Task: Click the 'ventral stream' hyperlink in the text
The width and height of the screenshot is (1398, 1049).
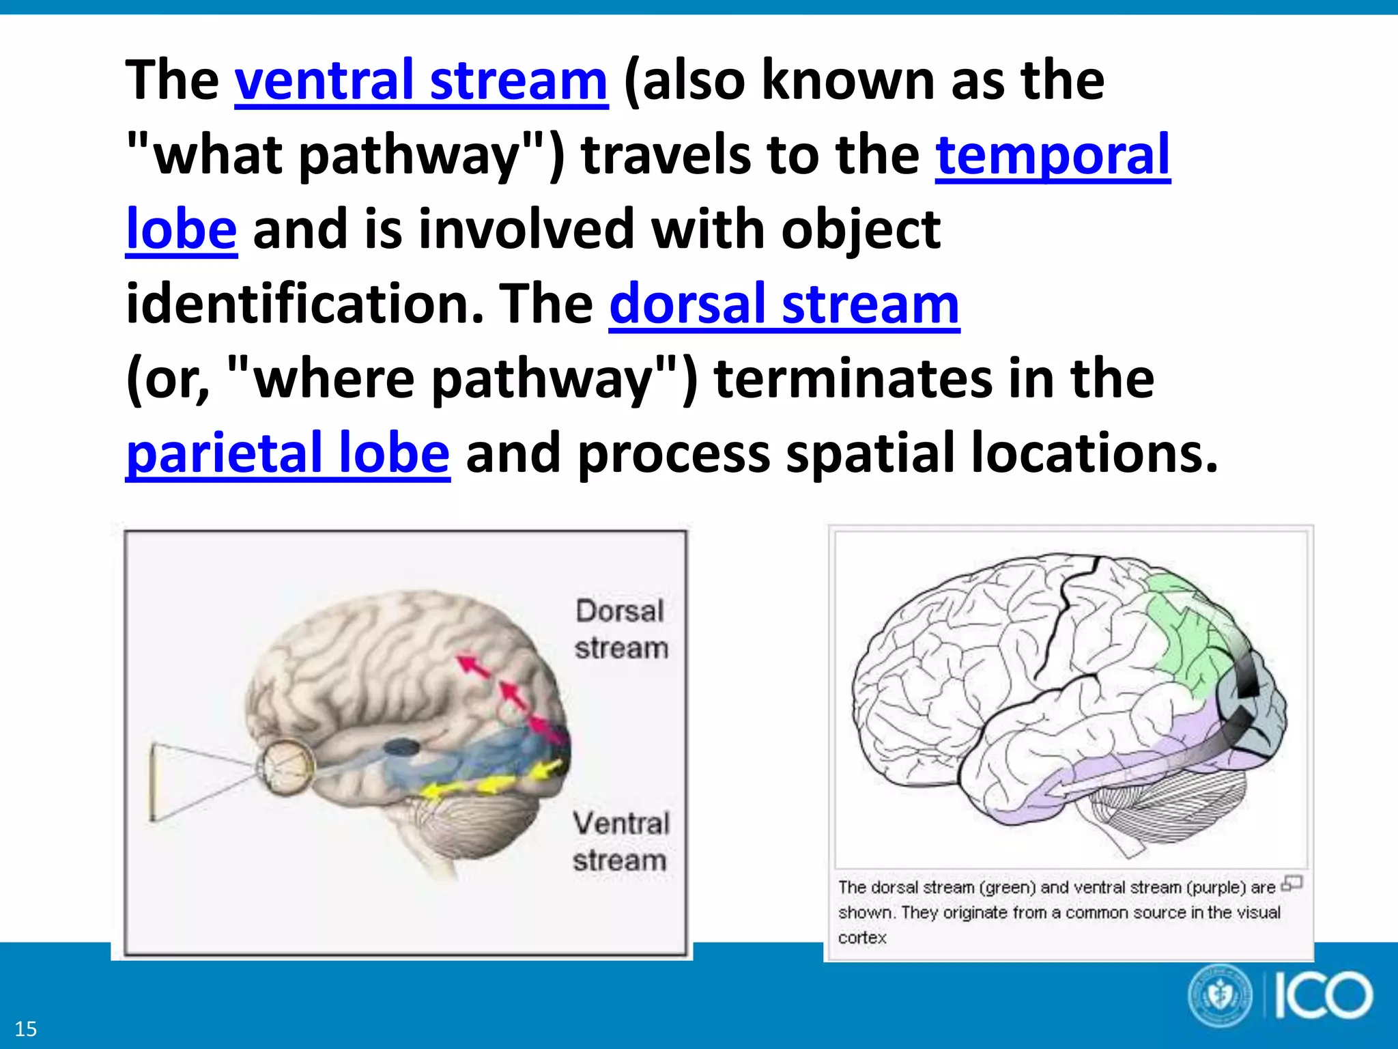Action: pos(420,81)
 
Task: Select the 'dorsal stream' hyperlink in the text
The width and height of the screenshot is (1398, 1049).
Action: pos(784,305)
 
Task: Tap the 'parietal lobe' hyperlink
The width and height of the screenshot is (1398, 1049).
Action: pos(287,453)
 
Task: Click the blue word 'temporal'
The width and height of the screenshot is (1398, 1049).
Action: pos(1052,155)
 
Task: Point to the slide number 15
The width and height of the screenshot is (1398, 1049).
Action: pos(26,1029)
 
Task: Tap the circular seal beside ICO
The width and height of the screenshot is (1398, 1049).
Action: pos(1221,996)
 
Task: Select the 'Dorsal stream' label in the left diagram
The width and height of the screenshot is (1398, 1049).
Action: pos(620,629)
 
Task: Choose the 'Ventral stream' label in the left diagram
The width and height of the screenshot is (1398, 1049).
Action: pos(620,841)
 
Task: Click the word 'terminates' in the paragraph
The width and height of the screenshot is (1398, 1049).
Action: pos(853,379)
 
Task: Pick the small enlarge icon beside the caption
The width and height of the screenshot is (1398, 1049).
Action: pos(1292,883)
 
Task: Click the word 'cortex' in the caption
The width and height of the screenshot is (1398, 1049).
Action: pos(862,938)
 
